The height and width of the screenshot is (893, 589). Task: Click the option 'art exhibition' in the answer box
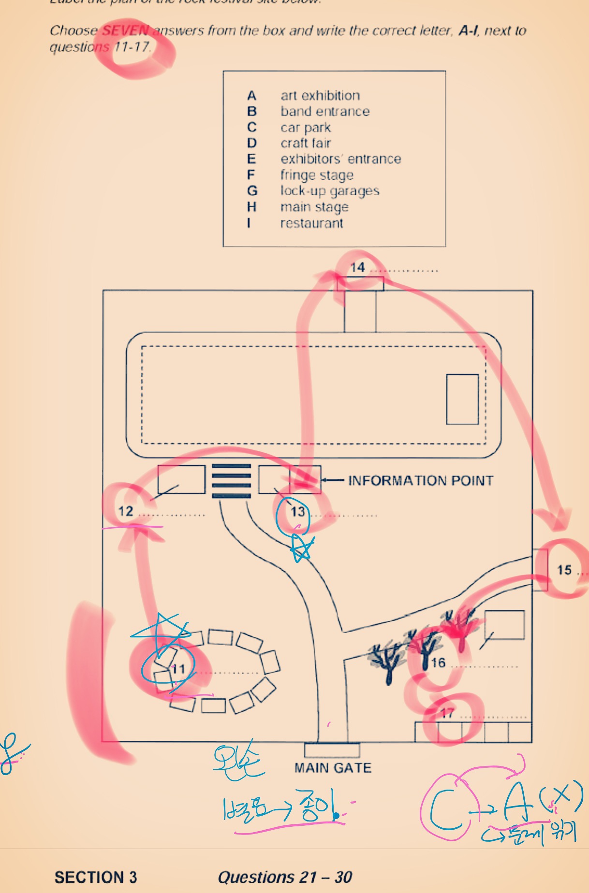[320, 95]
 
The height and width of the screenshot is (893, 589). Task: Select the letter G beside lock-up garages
[252, 191]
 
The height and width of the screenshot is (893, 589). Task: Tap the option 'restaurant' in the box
[311, 223]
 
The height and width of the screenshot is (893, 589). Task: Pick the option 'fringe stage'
[317, 175]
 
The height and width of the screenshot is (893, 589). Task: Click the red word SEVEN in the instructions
[126, 30]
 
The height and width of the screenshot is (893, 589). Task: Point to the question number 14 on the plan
[357, 268]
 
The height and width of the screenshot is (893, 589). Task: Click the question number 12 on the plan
[126, 511]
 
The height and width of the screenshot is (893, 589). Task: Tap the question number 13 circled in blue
[298, 512]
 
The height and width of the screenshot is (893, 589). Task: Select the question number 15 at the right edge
[564, 570]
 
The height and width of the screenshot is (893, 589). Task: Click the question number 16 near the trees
[439, 663]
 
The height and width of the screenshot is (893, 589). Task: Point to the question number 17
[447, 713]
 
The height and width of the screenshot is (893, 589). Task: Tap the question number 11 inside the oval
[179, 669]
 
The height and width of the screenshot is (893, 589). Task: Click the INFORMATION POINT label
[421, 480]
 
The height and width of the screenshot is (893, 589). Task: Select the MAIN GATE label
[333, 768]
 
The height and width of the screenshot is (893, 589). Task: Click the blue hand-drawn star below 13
[301, 549]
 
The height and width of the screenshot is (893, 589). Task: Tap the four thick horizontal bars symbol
[232, 481]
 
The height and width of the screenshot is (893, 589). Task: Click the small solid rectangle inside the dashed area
[462, 399]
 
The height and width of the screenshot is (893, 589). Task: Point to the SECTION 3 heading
[96, 877]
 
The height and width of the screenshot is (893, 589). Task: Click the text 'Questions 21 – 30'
[285, 877]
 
